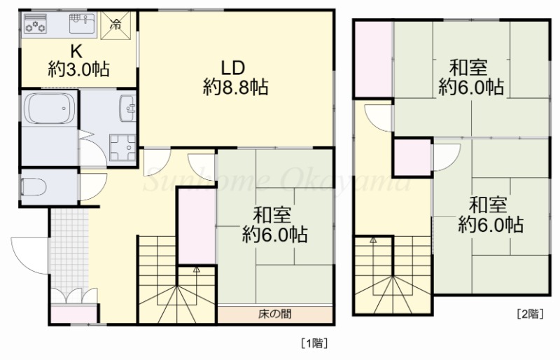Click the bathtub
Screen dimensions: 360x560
click(48, 111)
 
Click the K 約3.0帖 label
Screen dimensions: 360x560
click(78, 60)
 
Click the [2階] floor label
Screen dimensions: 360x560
click(529, 314)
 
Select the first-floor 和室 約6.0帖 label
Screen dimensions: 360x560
click(274, 223)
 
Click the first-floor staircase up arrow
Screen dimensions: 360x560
click(197, 268)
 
